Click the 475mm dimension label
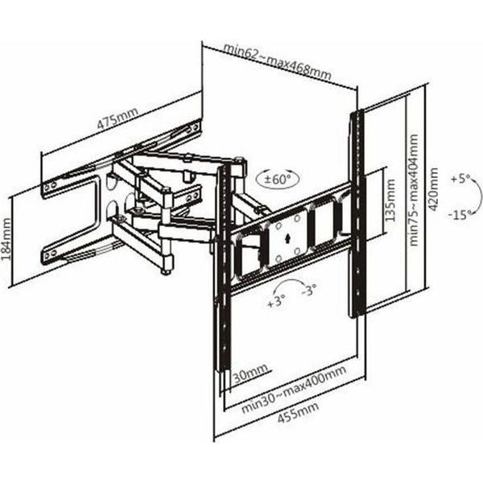click(x=118, y=118)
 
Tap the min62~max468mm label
click(x=277, y=61)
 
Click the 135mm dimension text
click(x=390, y=200)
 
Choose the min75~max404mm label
click(x=414, y=190)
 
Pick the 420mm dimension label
click(x=433, y=189)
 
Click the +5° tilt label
click(x=460, y=179)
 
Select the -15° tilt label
click(x=460, y=214)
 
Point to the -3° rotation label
click(x=308, y=289)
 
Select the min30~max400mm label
click(x=294, y=389)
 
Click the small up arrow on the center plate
click(x=287, y=238)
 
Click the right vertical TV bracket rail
click(x=357, y=213)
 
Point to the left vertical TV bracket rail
click(x=223, y=267)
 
